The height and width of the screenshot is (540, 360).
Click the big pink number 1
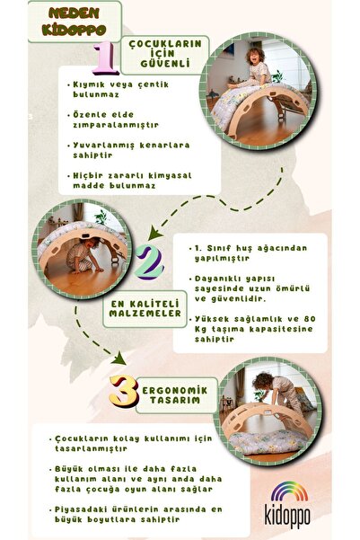[x=105, y=58]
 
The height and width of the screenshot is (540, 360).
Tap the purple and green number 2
[x=149, y=262]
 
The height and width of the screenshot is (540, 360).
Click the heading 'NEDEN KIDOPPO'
[x=74, y=22]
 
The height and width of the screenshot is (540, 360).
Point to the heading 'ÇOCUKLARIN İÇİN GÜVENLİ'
[x=165, y=53]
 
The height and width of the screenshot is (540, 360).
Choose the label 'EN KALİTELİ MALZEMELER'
[x=145, y=308]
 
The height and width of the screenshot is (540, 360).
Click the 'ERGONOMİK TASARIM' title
[x=175, y=395]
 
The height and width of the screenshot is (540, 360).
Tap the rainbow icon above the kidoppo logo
[x=289, y=491]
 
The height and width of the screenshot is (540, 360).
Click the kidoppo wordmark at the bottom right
[x=287, y=516]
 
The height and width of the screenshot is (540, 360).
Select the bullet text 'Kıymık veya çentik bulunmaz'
[x=118, y=90]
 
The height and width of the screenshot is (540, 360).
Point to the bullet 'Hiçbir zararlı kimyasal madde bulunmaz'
[x=130, y=181]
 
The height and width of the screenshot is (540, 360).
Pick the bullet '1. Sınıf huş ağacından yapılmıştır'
[x=248, y=253]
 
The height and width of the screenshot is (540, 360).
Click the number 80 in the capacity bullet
[x=309, y=319]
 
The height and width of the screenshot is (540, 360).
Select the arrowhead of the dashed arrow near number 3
[x=119, y=359]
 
